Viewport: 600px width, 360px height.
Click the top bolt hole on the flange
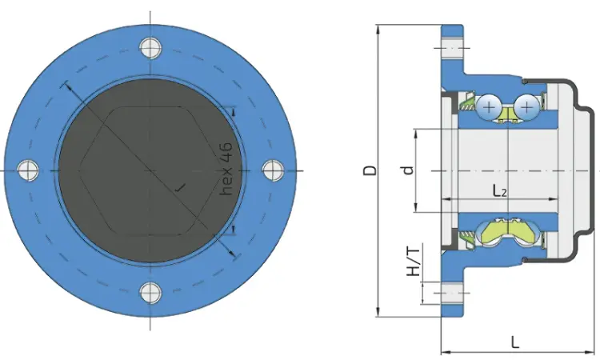point(150,48)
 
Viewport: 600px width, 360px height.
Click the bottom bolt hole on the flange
point(150,293)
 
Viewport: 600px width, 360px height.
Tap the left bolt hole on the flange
point(28,170)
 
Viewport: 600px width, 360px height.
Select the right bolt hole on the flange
point(274,170)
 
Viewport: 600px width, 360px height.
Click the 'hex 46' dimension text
point(226,169)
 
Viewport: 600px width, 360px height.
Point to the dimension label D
point(370,170)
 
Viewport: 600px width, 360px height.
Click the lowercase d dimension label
point(409,170)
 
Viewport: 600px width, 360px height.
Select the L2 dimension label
point(499,190)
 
